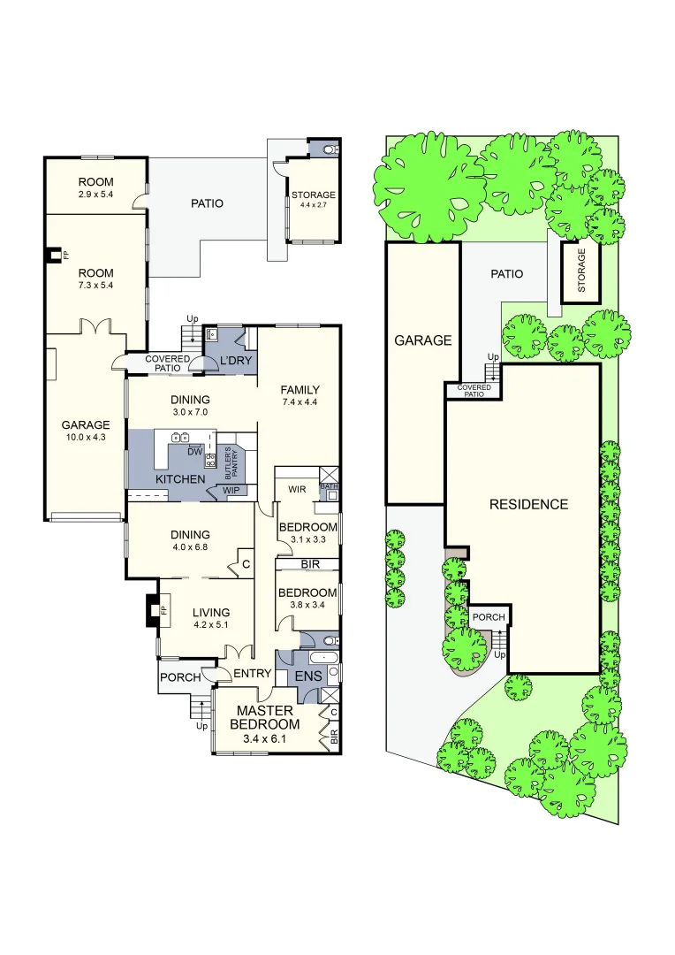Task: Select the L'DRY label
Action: coord(236,361)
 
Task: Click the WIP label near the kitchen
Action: coord(231,489)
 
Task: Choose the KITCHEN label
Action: coord(180,479)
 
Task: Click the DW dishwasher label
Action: coord(195,451)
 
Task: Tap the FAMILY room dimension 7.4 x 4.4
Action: coord(300,402)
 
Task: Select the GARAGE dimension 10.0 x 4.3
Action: coord(85,437)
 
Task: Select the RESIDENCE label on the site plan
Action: coord(528,504)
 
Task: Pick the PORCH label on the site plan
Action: coord(488,617)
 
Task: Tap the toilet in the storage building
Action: coord(330,150)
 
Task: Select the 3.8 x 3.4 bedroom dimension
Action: coord(307,606)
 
